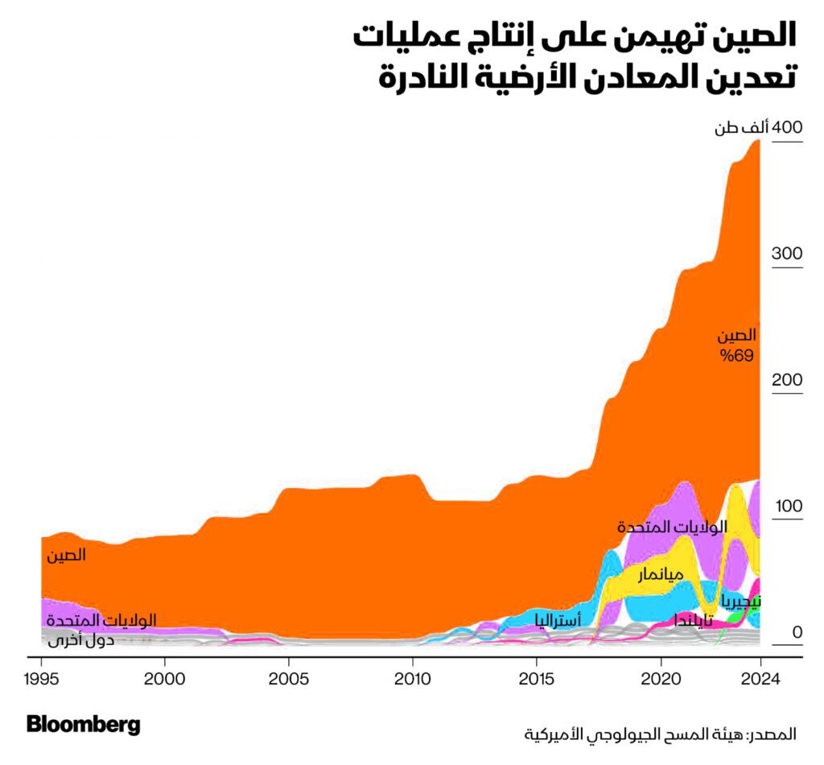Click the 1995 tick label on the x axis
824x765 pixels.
[x=42, y=678]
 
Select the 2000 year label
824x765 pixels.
[x=165, y=678]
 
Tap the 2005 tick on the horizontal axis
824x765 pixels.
[x=289, y=678]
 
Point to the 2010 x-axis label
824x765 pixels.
[x=413, y=678]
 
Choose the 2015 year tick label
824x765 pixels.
[x=537, y=678]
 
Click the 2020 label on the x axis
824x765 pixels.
[x=661, y=678]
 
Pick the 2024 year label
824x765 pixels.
[x=760, y=678]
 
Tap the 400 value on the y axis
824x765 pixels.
[x=787, y=128]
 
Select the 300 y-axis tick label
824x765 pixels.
[x=787, y=254]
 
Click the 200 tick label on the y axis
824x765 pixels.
[x=787, y=380]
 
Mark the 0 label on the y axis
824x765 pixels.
[x=797, y=632]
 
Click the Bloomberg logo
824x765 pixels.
[x=84, y=725]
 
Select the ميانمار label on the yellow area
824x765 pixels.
[x=661, y=575]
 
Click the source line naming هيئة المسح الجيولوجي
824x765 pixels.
[x=660, y=734]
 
